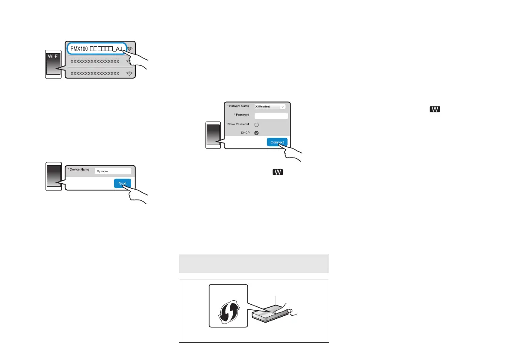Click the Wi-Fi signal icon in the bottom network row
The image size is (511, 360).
pos(129,74)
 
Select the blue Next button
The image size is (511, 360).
pos(122,183)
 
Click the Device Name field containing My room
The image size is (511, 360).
pos(112,171)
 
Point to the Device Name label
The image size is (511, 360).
pos(78,170)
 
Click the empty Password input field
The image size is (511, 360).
pos(271,116)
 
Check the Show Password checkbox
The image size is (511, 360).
pos(256,124)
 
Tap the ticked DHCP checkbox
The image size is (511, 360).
pos(256,133)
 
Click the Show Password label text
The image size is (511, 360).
pos(238,124)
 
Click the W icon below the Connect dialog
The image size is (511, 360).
pos(277,172)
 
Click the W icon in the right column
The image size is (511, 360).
pos(435,110)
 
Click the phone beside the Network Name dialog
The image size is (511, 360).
pos(213,135)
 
